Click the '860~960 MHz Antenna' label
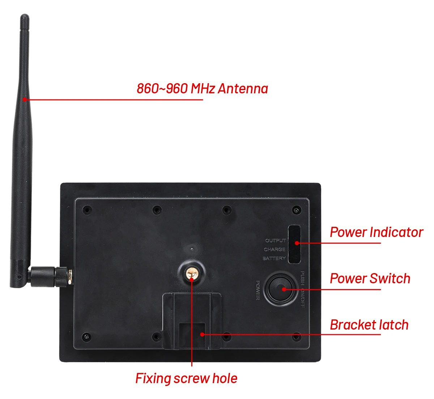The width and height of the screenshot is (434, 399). [x=202, y=89]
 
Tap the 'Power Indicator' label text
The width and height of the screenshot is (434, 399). [x=376, y=232]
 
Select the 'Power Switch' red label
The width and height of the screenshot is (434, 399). [x=370, y=279]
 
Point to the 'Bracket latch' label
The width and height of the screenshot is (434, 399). [x=369, y=325]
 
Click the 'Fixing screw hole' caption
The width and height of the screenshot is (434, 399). [x=186, y=378]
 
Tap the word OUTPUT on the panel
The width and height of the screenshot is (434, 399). [x=275, y=241]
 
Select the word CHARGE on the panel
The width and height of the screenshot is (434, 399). [x=275, y=250]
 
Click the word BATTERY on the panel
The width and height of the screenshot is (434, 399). [x=274, y=259]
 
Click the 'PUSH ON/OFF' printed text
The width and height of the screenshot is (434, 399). [x=302, y=289]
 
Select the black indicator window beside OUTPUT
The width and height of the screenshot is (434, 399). [x=294, y=244]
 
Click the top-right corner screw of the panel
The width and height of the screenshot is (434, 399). [x=297, y=210]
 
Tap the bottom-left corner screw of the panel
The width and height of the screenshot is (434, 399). [x=87, y=337]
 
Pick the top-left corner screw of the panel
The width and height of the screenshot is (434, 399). [x=87, y=209]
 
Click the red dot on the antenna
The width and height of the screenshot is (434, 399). [x=24, y=99]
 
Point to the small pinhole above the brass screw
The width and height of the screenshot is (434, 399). [x=192, y=249]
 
